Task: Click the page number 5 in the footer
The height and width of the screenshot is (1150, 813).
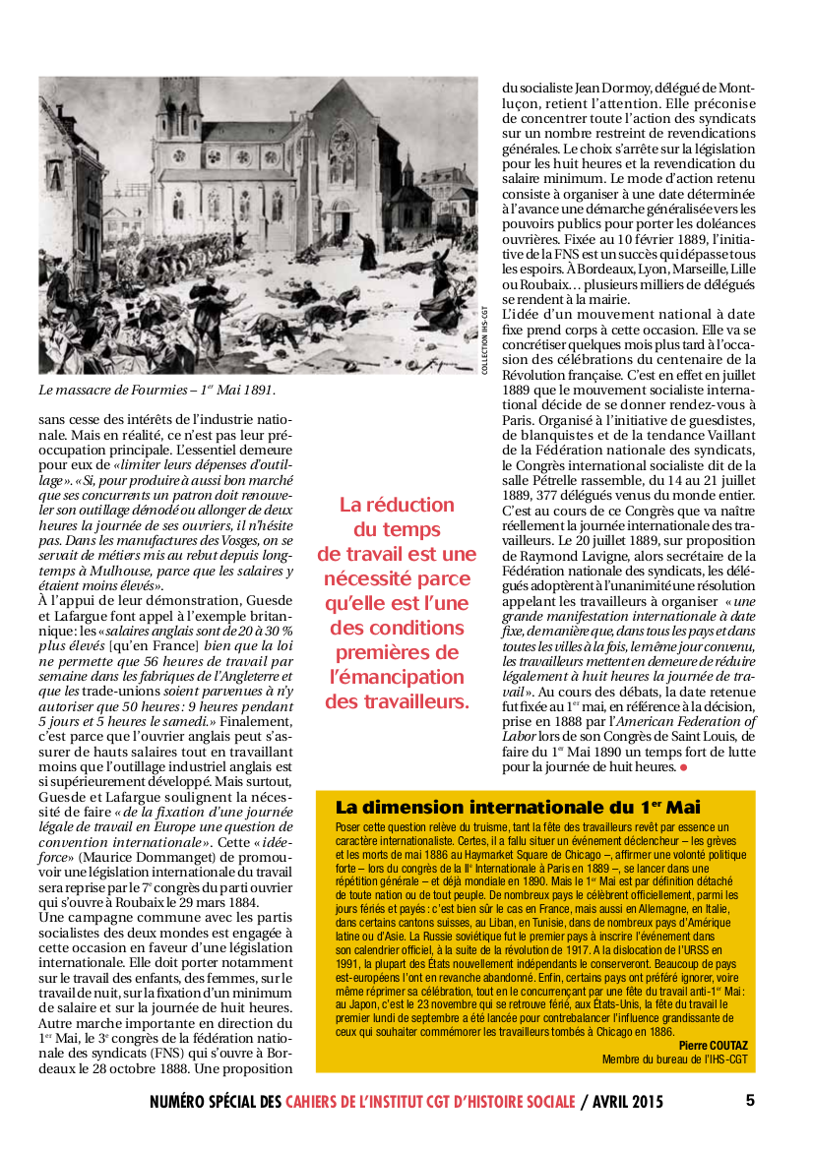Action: coord(750,1100)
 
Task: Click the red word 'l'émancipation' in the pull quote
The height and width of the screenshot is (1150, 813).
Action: coord(396,677)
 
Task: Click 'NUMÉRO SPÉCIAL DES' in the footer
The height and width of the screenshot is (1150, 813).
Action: coord(216,1101)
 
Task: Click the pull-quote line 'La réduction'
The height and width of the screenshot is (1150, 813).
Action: coord(397,505)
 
